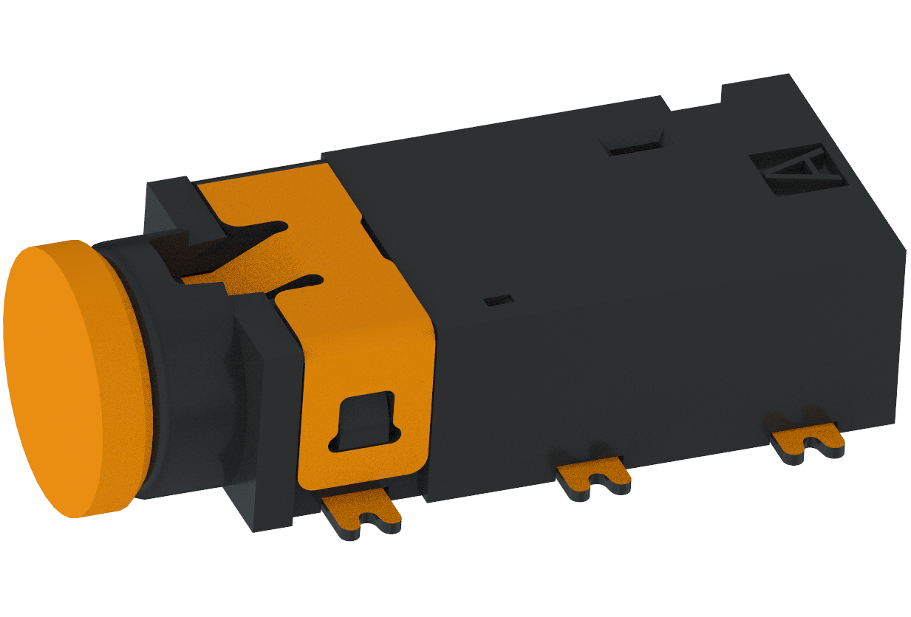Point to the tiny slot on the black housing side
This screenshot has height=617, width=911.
click(499, 300)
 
